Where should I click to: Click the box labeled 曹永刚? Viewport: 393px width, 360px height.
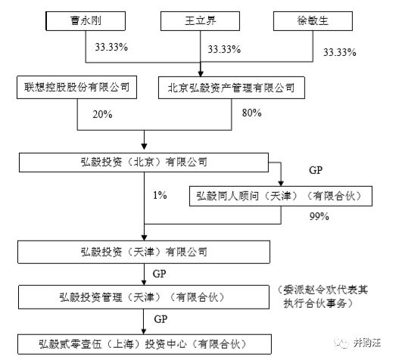click(86, 21)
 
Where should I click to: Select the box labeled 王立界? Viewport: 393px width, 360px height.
click(200, 21)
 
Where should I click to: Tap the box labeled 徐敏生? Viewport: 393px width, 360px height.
click(313, 21)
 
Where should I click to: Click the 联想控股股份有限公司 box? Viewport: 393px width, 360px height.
click(76, 88)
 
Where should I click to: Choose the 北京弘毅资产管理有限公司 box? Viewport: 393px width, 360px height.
click(232, 88)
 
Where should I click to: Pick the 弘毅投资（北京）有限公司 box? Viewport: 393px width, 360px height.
click(144, 163)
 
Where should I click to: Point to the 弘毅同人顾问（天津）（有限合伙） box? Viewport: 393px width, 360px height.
click(281, 196)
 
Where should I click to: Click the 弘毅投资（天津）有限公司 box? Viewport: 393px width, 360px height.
click(144, 252)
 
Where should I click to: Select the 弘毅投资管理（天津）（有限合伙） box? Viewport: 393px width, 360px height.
click(144, 297)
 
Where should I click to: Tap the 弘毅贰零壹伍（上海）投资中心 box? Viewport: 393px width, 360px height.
click(145, 344)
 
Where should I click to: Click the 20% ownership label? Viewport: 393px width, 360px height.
click(102, 114)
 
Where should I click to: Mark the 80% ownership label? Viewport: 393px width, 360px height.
click(251, 113)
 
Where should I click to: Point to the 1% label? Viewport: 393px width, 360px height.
click(160, 195)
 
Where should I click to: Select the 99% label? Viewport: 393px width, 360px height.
click(320, 216)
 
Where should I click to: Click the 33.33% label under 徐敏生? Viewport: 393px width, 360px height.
click(340, 52)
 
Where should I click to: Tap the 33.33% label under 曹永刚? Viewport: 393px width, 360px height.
click(111, 47)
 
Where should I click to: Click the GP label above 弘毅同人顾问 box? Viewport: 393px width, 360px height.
click(316, 170)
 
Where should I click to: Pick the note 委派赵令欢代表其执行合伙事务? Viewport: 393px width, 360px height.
click(323, 296)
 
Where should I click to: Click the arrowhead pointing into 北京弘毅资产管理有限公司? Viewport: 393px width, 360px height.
click(201, 73)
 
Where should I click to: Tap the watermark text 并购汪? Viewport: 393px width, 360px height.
click(367, 343)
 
